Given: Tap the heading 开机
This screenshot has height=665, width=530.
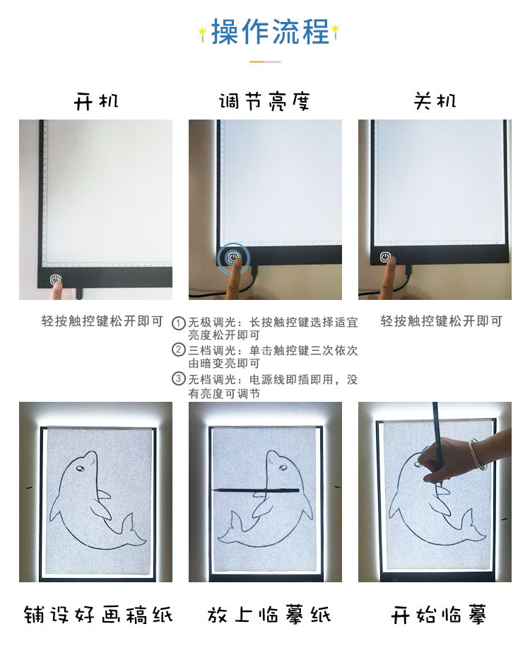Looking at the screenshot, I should [x=96, y=101].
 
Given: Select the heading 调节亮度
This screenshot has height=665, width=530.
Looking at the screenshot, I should [x=264, y=101].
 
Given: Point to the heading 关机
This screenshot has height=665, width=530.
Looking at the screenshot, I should [x=435, y=101].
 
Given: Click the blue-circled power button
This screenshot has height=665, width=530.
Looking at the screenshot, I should [x=234, y=258].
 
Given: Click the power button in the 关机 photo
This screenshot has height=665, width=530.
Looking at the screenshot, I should [x=385, y=257].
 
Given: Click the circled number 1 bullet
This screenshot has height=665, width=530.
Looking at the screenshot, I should [x=179, y=323].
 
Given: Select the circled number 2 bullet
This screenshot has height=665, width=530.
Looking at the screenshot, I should [x=179, y=350].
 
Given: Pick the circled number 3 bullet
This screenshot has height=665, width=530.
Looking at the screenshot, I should [x=179, y=379].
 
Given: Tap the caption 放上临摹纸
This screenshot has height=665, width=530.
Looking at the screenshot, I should [x=269, y=613].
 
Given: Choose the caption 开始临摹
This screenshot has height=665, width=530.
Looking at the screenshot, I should [x=438, y=613].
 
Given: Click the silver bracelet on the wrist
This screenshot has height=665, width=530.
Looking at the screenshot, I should [x=476, y=453].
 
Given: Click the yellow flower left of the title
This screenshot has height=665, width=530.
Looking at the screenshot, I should [x=202, y=31].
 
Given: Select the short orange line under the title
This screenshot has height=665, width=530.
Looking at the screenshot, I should [x=265, y=62].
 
